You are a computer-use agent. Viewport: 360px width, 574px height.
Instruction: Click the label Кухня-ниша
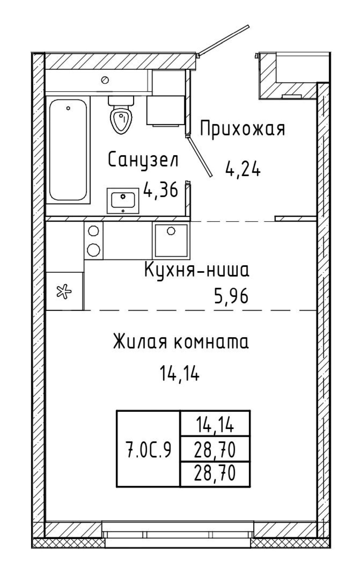coord(197,271)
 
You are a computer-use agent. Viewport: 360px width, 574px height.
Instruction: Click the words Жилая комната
coord(181,342)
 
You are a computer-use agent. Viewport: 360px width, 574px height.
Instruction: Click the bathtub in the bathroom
coord(68,150)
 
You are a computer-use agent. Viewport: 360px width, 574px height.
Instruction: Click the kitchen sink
coord(171,241)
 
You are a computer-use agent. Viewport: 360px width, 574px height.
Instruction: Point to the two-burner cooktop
coord(93,240)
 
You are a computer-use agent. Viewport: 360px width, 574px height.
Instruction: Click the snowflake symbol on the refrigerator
coord(64,292)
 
